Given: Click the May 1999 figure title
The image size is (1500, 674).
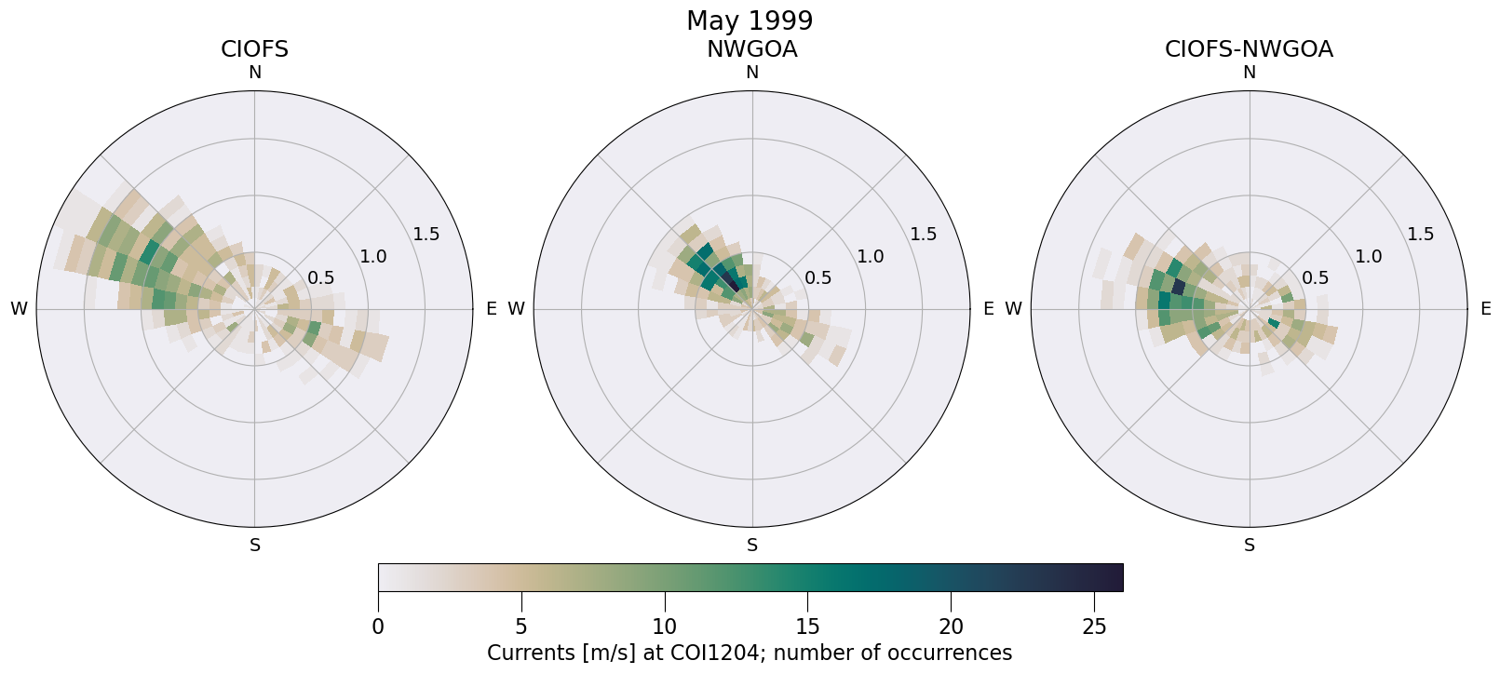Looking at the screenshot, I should [x=750, y=20].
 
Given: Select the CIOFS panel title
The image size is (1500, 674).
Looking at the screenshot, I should [x=254, y=49].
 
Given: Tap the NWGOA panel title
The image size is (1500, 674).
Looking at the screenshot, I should [x=751, y=49].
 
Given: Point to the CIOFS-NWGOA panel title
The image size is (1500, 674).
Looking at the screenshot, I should [x=1249, y=49].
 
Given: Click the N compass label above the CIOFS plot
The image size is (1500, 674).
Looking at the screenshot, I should [x=254, y=73].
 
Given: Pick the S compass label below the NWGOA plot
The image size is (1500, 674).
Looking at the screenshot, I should [x=752, y=546].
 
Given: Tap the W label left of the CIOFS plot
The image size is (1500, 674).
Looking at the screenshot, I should [x=19, y=309].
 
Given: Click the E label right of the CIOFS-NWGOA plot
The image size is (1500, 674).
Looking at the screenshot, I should [x=1486, y=309].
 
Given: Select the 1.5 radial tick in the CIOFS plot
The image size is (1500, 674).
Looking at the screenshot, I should [x=426, y=234].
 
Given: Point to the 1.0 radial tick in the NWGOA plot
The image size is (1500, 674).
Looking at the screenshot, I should [x=871, y=256].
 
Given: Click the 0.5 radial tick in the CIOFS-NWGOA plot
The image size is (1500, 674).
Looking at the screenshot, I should [x=1316, y=277].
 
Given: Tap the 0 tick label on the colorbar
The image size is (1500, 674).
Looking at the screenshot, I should [x=378, y=627].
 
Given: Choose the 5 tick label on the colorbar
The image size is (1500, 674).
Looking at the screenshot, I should [x=521, y=627].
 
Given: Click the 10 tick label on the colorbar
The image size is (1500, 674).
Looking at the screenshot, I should [x=664, y=627].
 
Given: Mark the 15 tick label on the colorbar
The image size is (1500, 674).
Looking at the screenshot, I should [x=807, y=627].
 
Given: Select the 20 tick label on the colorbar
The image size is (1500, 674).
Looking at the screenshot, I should [x=951, y=627].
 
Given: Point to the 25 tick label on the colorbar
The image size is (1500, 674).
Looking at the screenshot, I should [x=1094, y=627].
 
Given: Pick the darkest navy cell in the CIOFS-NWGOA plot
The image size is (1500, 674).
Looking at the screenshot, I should [x=1179, y=287].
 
